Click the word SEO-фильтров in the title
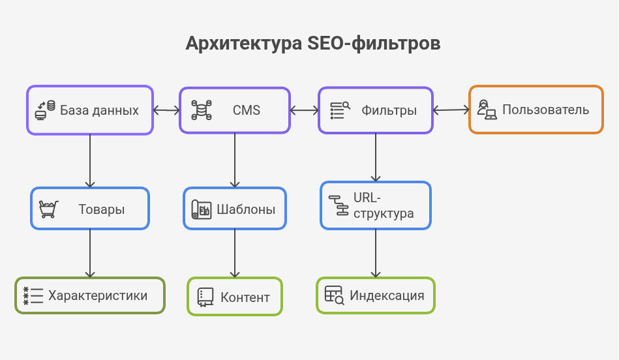(x=374, y=44)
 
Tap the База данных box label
(x=99, y=110)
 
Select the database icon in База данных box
(x=45, y=110)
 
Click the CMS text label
(x=247, y=110)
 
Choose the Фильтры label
(x=389, y=110)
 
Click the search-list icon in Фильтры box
(x=340, y=110)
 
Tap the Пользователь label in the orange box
(x=545, y=110)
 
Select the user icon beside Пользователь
(x=487, y=110)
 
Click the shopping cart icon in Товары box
(x=48, y=209)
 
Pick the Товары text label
(x=102, y=209)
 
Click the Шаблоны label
(x=246, y=209)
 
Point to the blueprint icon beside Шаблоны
(x=201, y=209)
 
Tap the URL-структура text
(x=384, y=205)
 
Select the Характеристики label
(x=98, y=295)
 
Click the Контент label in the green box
(x=245, y=297)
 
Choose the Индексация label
(x=387, y=295)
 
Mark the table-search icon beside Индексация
(x=334, y=295)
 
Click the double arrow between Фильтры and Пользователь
(x=451, y=110)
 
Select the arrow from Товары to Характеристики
(x=90, y=253)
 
